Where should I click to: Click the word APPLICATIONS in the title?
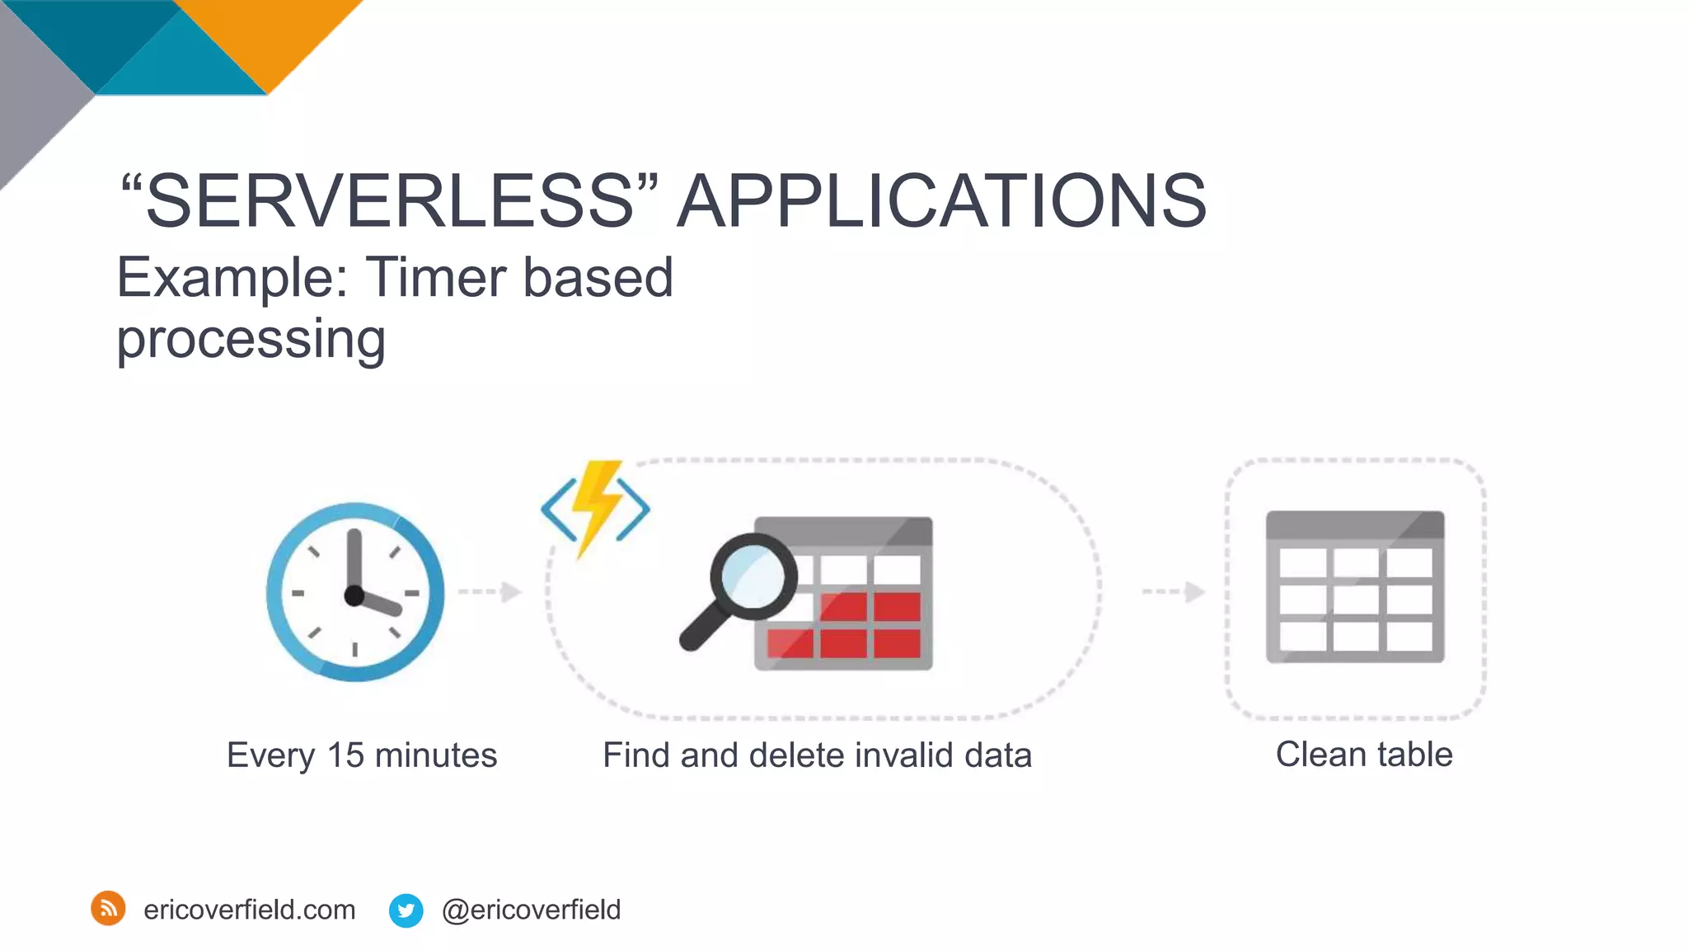click(x=941, y=200)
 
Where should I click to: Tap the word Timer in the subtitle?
click(x=435, y=277)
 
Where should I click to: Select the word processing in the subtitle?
click(x=251, y=338)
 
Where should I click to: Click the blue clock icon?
click(x=355, y=592)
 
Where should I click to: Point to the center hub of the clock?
click(x=354, y=595)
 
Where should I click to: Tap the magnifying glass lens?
click(x=753, y=575)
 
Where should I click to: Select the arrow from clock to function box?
click(x=490, y=591)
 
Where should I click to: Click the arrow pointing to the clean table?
click(x=1175, y=591)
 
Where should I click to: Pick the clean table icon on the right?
click(x=1355, y=587)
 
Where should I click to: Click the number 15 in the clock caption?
click(x=345, y=755)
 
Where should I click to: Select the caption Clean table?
click(x=1363, y=755)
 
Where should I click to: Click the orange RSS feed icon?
click(x=108, y=909)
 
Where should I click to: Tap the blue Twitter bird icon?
click(x=406, y=910)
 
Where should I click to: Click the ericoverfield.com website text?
click(x=249, y=910)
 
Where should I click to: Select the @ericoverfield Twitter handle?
click(x=531, y=910)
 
